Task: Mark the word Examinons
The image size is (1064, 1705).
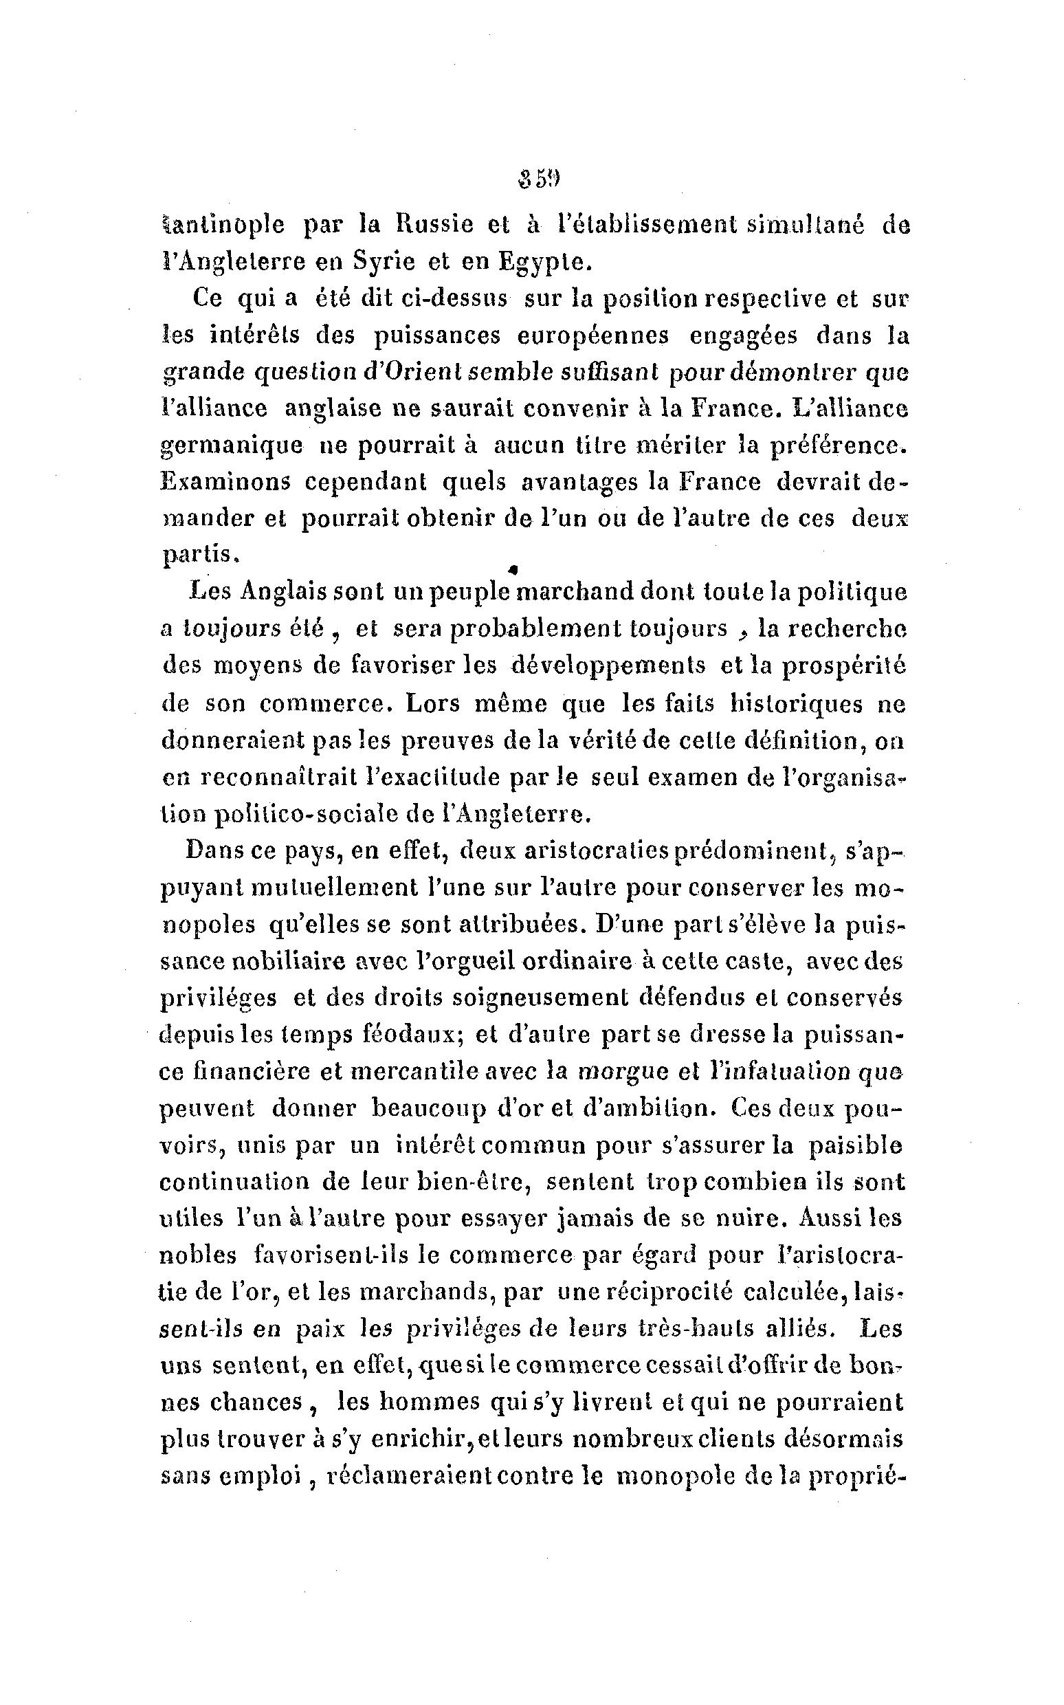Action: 225,482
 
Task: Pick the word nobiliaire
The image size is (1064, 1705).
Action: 293,961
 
